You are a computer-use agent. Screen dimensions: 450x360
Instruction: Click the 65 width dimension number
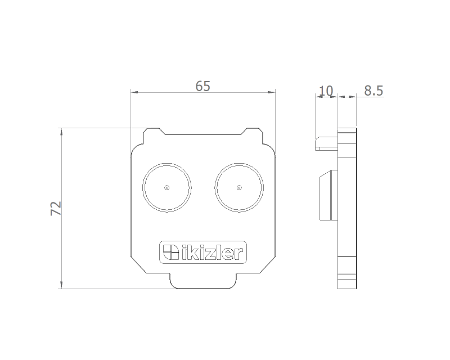(x=202, y=86)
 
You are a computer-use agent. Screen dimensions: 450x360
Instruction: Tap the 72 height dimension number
(x=56, y=209)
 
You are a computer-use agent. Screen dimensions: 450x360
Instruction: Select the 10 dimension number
(x=326, y=91)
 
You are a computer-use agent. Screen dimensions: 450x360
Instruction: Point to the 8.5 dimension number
(x=373, y=91)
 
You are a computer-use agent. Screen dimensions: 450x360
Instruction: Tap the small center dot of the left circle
(x=167, y=188)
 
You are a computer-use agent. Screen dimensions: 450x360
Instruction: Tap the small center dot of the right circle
(x=239, y=188)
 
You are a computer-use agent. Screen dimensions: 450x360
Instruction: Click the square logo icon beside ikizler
(x=171, y=252)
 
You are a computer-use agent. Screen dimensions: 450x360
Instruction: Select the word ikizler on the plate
(x=213, y=252)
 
